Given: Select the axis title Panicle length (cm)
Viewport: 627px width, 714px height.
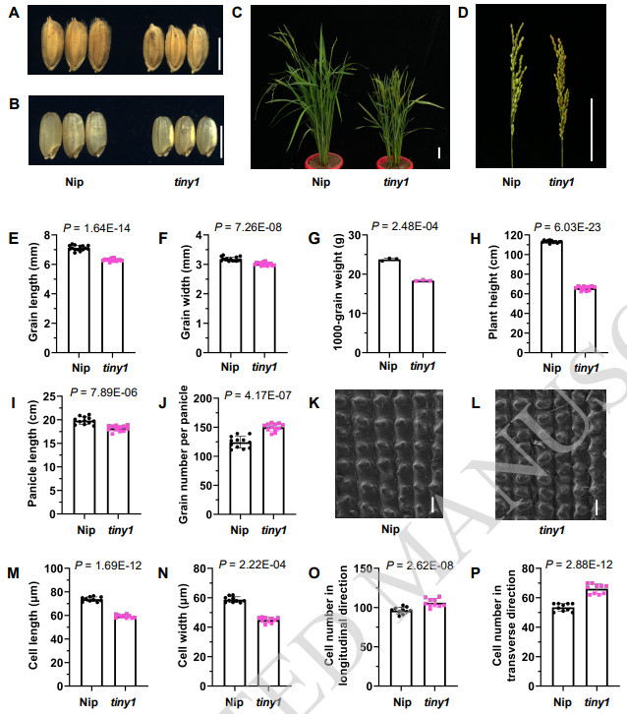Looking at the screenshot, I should tap(33, 459).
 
